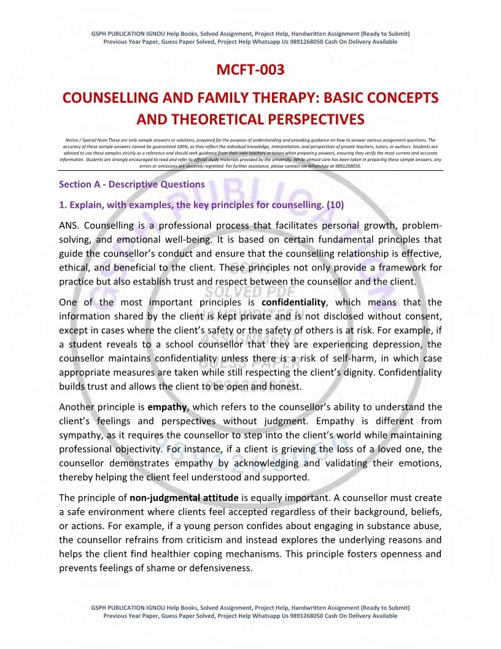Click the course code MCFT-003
[x=251, y=70]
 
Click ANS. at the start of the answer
[x=70, y=226]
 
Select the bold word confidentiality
[x=293, y=302]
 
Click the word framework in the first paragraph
[x=393, y=268]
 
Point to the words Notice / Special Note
[x=85, y=140]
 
